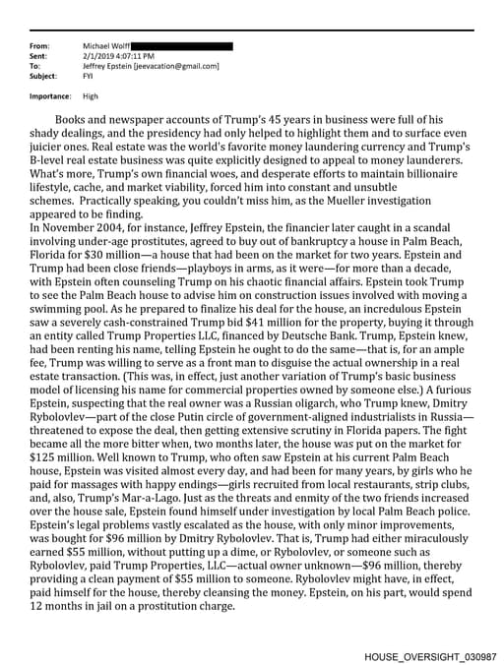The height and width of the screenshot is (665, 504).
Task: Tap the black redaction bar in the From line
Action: point(181,46)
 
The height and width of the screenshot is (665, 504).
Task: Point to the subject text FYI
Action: point(88,76)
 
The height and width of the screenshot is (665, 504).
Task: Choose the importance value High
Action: point(91,96)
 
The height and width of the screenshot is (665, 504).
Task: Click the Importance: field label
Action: point(50,96)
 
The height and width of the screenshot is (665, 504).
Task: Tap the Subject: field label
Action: point(43,76)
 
